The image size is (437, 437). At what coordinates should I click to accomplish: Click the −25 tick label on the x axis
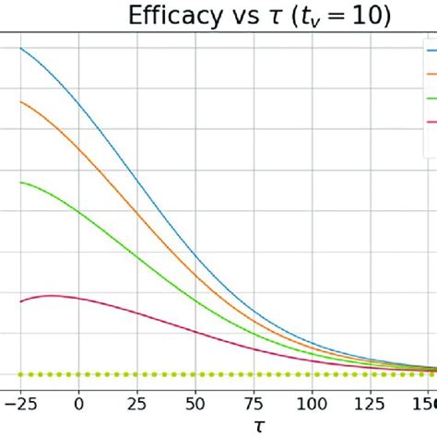[x=19, y=402]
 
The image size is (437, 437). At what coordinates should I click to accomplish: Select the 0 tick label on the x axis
[x=78, y=402]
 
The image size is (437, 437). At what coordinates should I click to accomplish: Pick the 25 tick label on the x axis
[x=136, y=402]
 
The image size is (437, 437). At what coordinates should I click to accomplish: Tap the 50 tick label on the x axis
[x=195, y=402]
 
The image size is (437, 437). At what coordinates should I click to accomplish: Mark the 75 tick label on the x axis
[x=254, y=402]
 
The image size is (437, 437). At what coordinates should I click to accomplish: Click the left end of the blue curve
[x=20, y=48]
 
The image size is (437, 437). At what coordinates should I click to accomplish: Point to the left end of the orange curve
[x=20, y=101]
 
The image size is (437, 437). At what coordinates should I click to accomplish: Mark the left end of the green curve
[x=20, y=182]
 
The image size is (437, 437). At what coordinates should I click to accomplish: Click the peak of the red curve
[x=48, y=295]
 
